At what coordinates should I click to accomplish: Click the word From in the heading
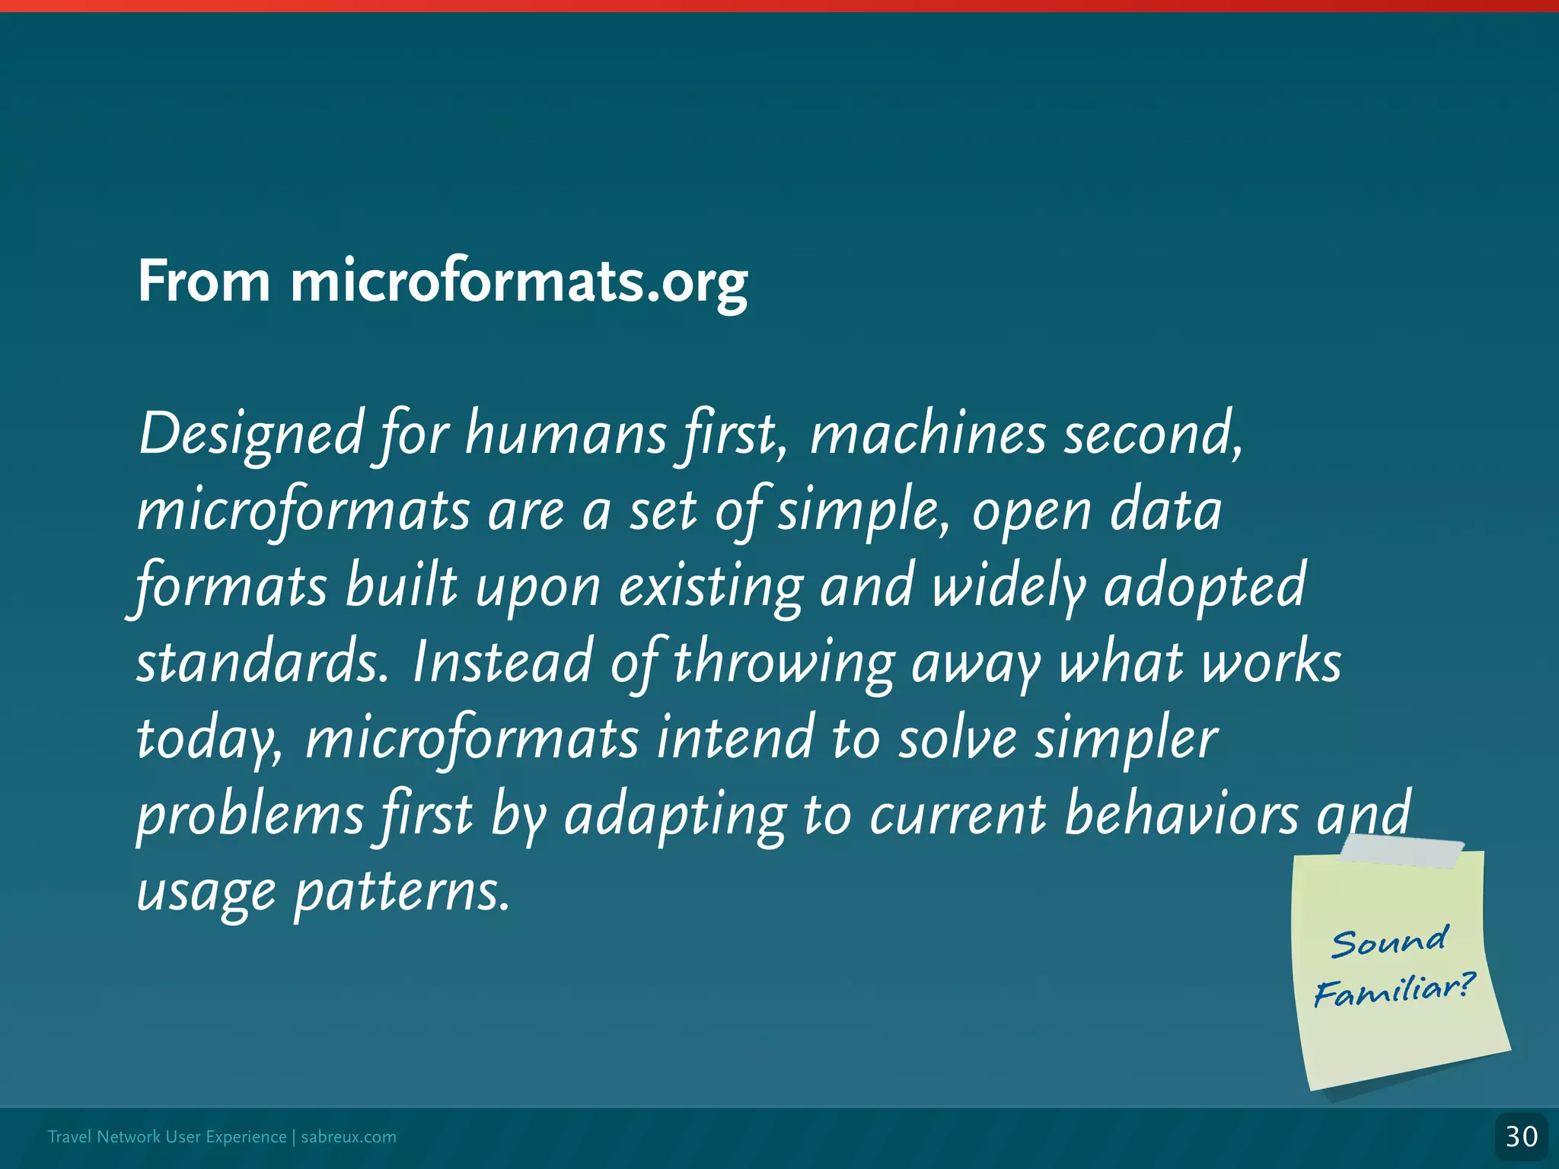pyautogui.click(x=203, y=282)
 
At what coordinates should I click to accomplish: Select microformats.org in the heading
pyautogui.click(x=518, y=283)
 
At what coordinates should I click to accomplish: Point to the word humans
pyautogui.click(x=566, y=434)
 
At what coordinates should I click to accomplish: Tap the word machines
pyautogui.click(x=927, y=434)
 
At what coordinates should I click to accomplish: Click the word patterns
pyautogui.click(x=401, y=892)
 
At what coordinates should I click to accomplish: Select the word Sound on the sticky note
pyautogui.click(x=1389, y=942)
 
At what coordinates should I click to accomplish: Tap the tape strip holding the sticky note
pyautogui.click(x=1401, y=851)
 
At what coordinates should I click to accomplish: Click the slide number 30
pyautogui.click(x=1521, y=1137)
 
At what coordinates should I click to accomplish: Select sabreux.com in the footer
pyautogui.click(x=349, y=1137)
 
